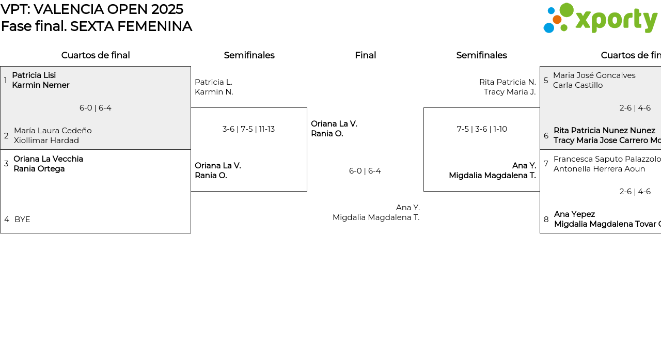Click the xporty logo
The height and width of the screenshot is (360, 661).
(x=600, y=19)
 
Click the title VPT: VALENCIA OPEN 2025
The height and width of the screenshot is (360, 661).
(x=92, y=9)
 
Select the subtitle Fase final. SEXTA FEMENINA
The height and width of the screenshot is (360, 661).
(x=97, y=26)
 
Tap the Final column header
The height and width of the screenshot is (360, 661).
(x=365, y=55)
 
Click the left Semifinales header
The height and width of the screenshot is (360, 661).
(x=249, y=55)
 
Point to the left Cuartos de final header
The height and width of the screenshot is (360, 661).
(x=96, y=55)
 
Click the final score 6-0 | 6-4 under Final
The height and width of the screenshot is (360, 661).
(x=365, y=171)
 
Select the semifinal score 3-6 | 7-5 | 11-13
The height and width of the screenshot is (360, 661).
(x=248, y=129)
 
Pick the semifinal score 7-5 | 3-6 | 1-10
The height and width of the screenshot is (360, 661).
(x=482, y=129)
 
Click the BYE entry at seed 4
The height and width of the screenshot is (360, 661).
(x=22, y=220)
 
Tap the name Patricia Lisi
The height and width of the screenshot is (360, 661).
(x=34, y=75)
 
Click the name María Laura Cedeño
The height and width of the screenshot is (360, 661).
(x=53, y=131)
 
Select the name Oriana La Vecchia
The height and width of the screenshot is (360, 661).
(x=48, y=159)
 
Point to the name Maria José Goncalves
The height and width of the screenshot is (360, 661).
(x=594, y=75)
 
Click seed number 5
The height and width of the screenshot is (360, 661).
(x=546, y=81)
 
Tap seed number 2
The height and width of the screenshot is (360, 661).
(x=6, y=136)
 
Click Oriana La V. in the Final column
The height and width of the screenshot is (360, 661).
(x=334, y=124)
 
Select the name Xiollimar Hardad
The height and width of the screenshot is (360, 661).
(x=46, y=140)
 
